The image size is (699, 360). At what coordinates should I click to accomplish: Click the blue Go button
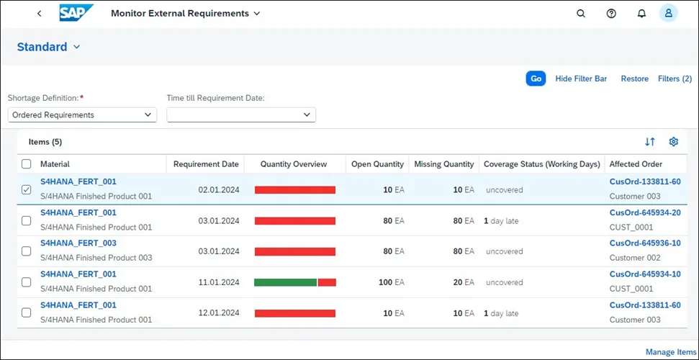(x=536, y=78)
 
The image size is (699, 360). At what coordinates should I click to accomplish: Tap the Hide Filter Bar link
(x=581, y=78)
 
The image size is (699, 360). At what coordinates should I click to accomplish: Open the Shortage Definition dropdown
(x=83, y=114)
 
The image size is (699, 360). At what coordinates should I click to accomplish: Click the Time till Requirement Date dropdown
(x=241, y=114)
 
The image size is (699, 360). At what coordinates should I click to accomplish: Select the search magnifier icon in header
(x=581, y=14)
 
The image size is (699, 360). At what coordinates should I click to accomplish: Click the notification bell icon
(x=641, y=14)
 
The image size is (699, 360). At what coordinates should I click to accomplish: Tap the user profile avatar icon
(x=669, y=14)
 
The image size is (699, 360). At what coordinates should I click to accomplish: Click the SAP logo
(x=76, y=13)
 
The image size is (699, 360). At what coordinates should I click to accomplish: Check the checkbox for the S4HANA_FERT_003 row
(x=27, y=251)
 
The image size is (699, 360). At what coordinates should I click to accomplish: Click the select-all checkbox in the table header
(x=27, y=163)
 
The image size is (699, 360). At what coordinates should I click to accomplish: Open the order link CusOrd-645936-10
(x=645, y=243)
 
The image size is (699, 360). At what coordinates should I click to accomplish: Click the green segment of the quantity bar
(x=285, y=282)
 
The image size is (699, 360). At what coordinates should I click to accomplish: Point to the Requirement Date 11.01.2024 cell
(x=219, y=282)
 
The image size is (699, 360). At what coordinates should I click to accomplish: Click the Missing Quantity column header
(x=444, y=164)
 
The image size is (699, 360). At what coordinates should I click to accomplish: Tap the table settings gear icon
(x=674, y=142)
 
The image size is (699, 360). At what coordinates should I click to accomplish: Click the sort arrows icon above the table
(x=650, y=142)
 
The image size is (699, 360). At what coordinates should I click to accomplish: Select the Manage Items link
(x=670, y=352)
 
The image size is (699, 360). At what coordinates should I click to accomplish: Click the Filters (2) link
(x=675, y=78)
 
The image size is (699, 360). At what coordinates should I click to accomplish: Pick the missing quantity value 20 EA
(x=464, y=282)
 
